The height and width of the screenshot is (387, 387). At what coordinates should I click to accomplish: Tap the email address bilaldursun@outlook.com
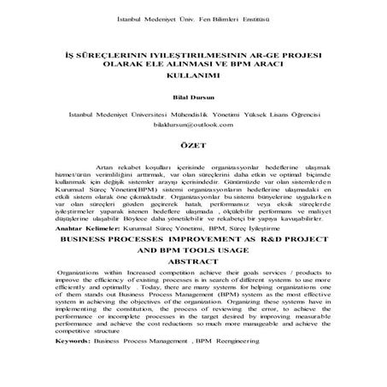pyautogui.click(x=194, y=125)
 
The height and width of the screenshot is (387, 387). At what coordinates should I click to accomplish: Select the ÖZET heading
pyautogui.click(x=194, y=146)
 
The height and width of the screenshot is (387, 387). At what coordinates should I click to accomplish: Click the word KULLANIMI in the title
pyautogui.click(x=194, y=75)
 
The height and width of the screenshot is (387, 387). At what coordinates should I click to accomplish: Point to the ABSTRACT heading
pyautogui.click(x=194, y=262)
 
